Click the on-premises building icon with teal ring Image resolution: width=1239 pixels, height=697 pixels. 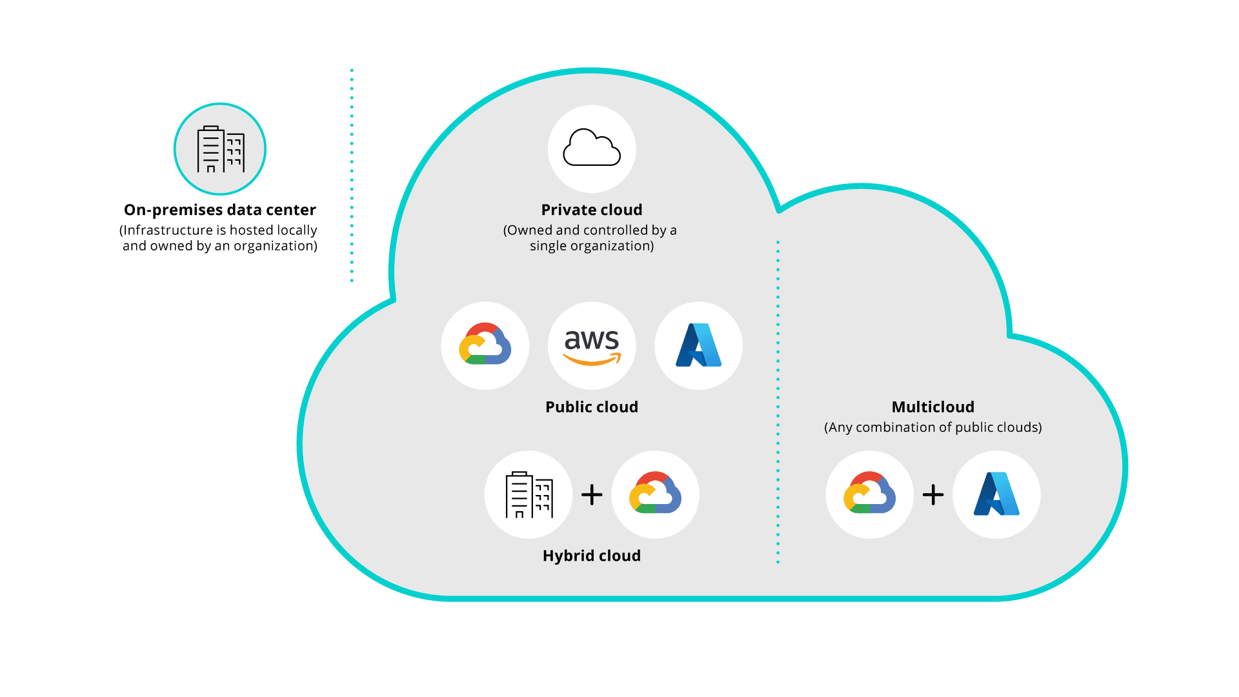tap(220, 149)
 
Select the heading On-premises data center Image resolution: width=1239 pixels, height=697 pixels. tap(220, 210)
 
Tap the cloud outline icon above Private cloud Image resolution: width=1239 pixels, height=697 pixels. tap(592, 148)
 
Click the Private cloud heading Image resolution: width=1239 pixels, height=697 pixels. tap(592, 210)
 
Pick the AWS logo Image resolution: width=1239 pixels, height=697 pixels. tap(592, 346)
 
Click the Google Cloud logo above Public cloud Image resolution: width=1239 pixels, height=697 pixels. tap(485, 345)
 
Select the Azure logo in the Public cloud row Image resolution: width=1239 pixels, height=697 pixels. tap(698, 345)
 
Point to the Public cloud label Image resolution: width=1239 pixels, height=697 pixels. tap(592, 407)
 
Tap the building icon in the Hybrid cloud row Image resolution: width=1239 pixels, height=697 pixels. tap(529, 494)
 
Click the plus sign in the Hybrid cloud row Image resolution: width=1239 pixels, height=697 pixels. tap(592, 495)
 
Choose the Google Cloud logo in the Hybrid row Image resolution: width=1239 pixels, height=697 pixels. tap(655, 494)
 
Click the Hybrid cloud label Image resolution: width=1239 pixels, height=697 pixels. tap(592, 556)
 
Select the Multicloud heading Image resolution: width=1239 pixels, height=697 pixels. tap(932, 407)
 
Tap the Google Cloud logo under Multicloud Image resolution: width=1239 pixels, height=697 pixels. tap(869, 494)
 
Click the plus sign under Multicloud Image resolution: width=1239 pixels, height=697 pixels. tap(933, 495)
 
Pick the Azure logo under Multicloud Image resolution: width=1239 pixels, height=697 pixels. tap(996, 494)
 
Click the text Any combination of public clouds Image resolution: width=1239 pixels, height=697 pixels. tap(932, 427)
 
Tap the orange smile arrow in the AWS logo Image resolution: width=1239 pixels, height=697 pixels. tap(592, 359)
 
